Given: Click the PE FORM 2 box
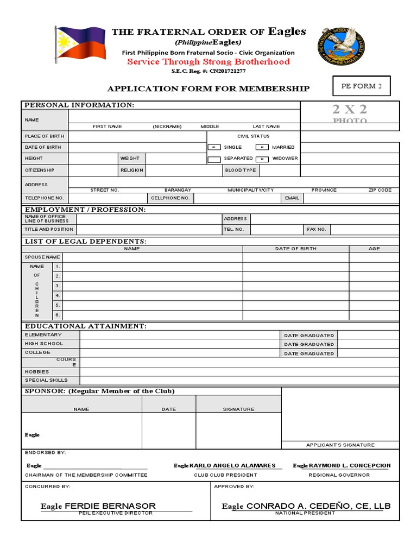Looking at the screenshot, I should pos(361,86).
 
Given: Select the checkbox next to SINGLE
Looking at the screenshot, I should pos(214,147).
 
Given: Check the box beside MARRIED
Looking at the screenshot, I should pos(262,147).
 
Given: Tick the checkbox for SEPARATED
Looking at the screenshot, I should pos(214,159).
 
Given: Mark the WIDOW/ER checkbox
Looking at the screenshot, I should pos(262,159).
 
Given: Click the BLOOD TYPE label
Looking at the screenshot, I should pos(240,170).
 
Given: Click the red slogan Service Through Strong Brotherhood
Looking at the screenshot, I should pos(208,62).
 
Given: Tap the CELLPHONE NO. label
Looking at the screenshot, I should pos(170,198).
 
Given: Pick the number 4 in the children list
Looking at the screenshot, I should pos(58,295).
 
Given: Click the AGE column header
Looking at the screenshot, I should pos(374,249).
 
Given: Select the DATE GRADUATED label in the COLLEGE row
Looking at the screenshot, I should pos(309,353).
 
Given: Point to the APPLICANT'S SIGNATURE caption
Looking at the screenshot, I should pos(340,445).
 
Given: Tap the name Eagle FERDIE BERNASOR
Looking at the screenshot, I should pos(98,506).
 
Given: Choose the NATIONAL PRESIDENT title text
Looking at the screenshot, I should pos(305,513).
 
